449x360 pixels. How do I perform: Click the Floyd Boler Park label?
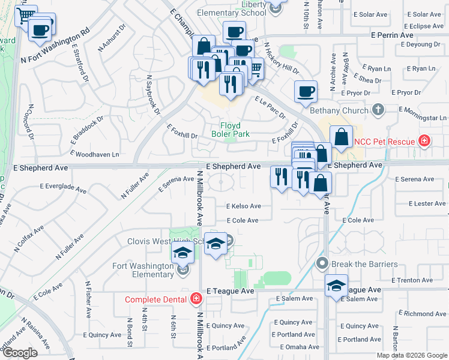point(230,130)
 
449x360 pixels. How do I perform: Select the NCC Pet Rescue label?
point(384,142)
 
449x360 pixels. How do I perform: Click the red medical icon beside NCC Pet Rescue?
point(424,141)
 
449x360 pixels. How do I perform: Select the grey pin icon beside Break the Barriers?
point(322,263)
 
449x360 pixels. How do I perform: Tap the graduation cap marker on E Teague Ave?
point(337,286)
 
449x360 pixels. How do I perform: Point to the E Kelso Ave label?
point(243,206)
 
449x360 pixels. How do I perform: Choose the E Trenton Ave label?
point(412,280)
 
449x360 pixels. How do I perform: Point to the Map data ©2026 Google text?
point(411,355)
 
